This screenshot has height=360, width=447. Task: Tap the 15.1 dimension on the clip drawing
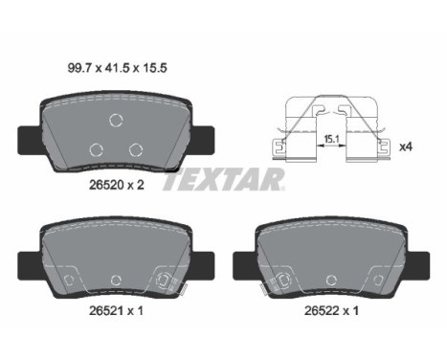(332, 138)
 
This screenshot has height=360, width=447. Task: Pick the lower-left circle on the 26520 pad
(95, 148)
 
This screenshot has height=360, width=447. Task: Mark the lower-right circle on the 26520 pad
(136, 147)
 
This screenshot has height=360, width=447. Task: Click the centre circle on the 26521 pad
(115, 280)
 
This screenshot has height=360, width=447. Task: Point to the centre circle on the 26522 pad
(333, 280)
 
